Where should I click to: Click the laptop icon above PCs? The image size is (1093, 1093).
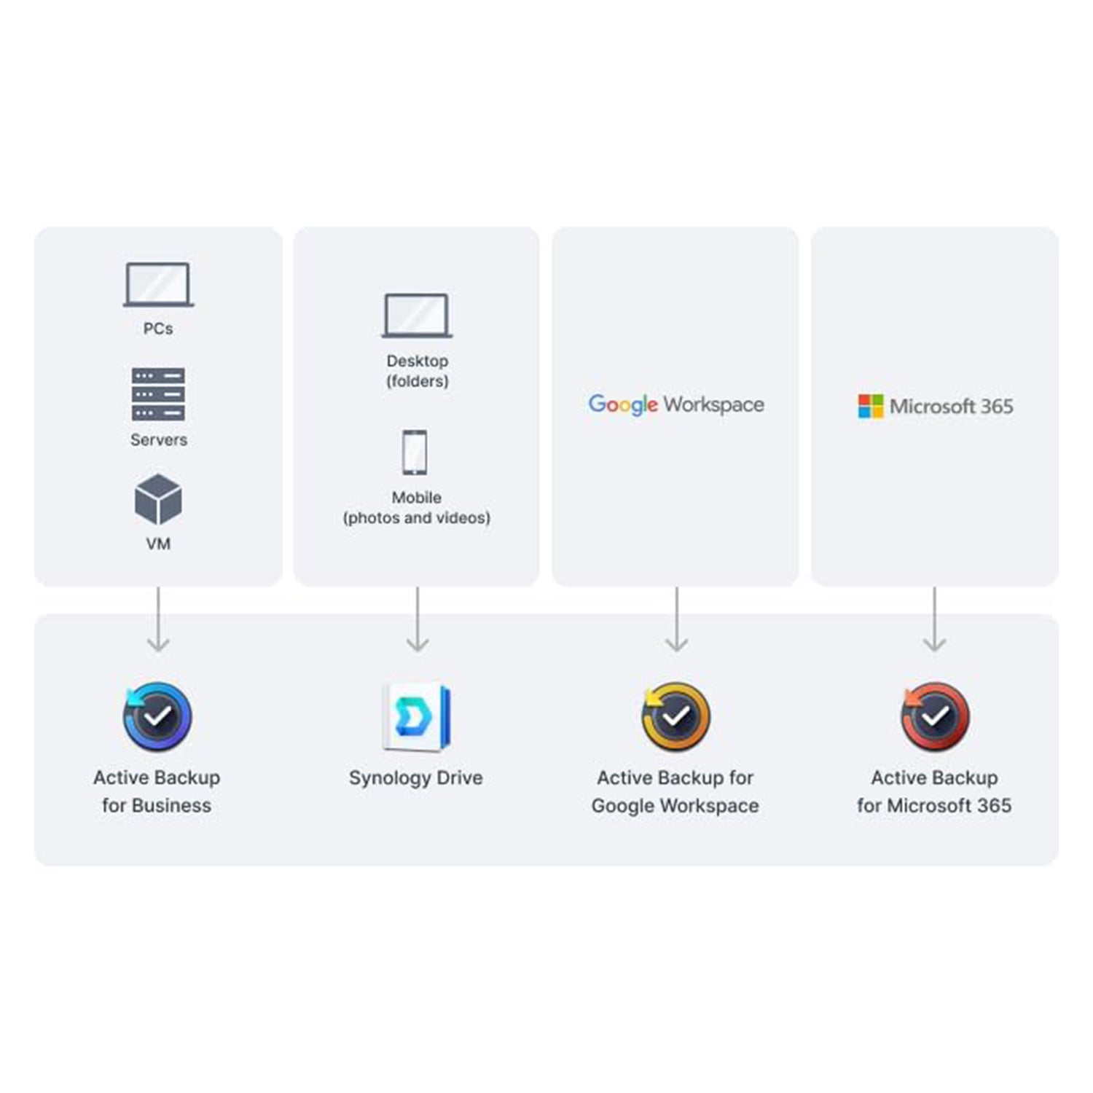[x=158, y=285]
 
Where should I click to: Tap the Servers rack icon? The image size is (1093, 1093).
[x=158, y=394]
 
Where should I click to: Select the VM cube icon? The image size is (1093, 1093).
[x=158, y=499]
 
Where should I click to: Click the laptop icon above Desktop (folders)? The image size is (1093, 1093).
[x=417, y=316]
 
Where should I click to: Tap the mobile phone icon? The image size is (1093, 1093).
[x=415, y=453]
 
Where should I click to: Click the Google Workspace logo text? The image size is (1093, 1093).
[x=676, y=404]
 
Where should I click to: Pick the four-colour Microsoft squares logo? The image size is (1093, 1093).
[x=871, y=407]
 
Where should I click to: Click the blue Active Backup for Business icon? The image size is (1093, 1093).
[x=157, y=717]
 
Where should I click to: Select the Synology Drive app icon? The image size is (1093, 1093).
[x=416, y=717]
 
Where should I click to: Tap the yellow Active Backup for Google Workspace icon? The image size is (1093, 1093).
[x=675, y=717]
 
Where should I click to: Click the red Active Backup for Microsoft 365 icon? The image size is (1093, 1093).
[x=935, y=717]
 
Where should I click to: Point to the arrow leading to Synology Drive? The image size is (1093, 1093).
[x=418, y=619]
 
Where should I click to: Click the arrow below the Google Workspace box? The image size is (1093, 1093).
[x=677, y=619]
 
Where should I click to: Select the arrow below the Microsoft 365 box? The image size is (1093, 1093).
[x=935, y=619]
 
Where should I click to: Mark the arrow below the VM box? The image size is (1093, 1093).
[x=158, y=619]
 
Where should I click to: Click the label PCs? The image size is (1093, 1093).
[x=158, y=329]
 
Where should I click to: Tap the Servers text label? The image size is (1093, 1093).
[x=159, y=440]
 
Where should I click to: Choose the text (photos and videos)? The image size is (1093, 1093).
[x=417, y=518]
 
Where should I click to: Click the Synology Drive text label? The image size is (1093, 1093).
[x=416, y=778]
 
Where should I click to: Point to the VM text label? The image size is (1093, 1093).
[x=158, y=544]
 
